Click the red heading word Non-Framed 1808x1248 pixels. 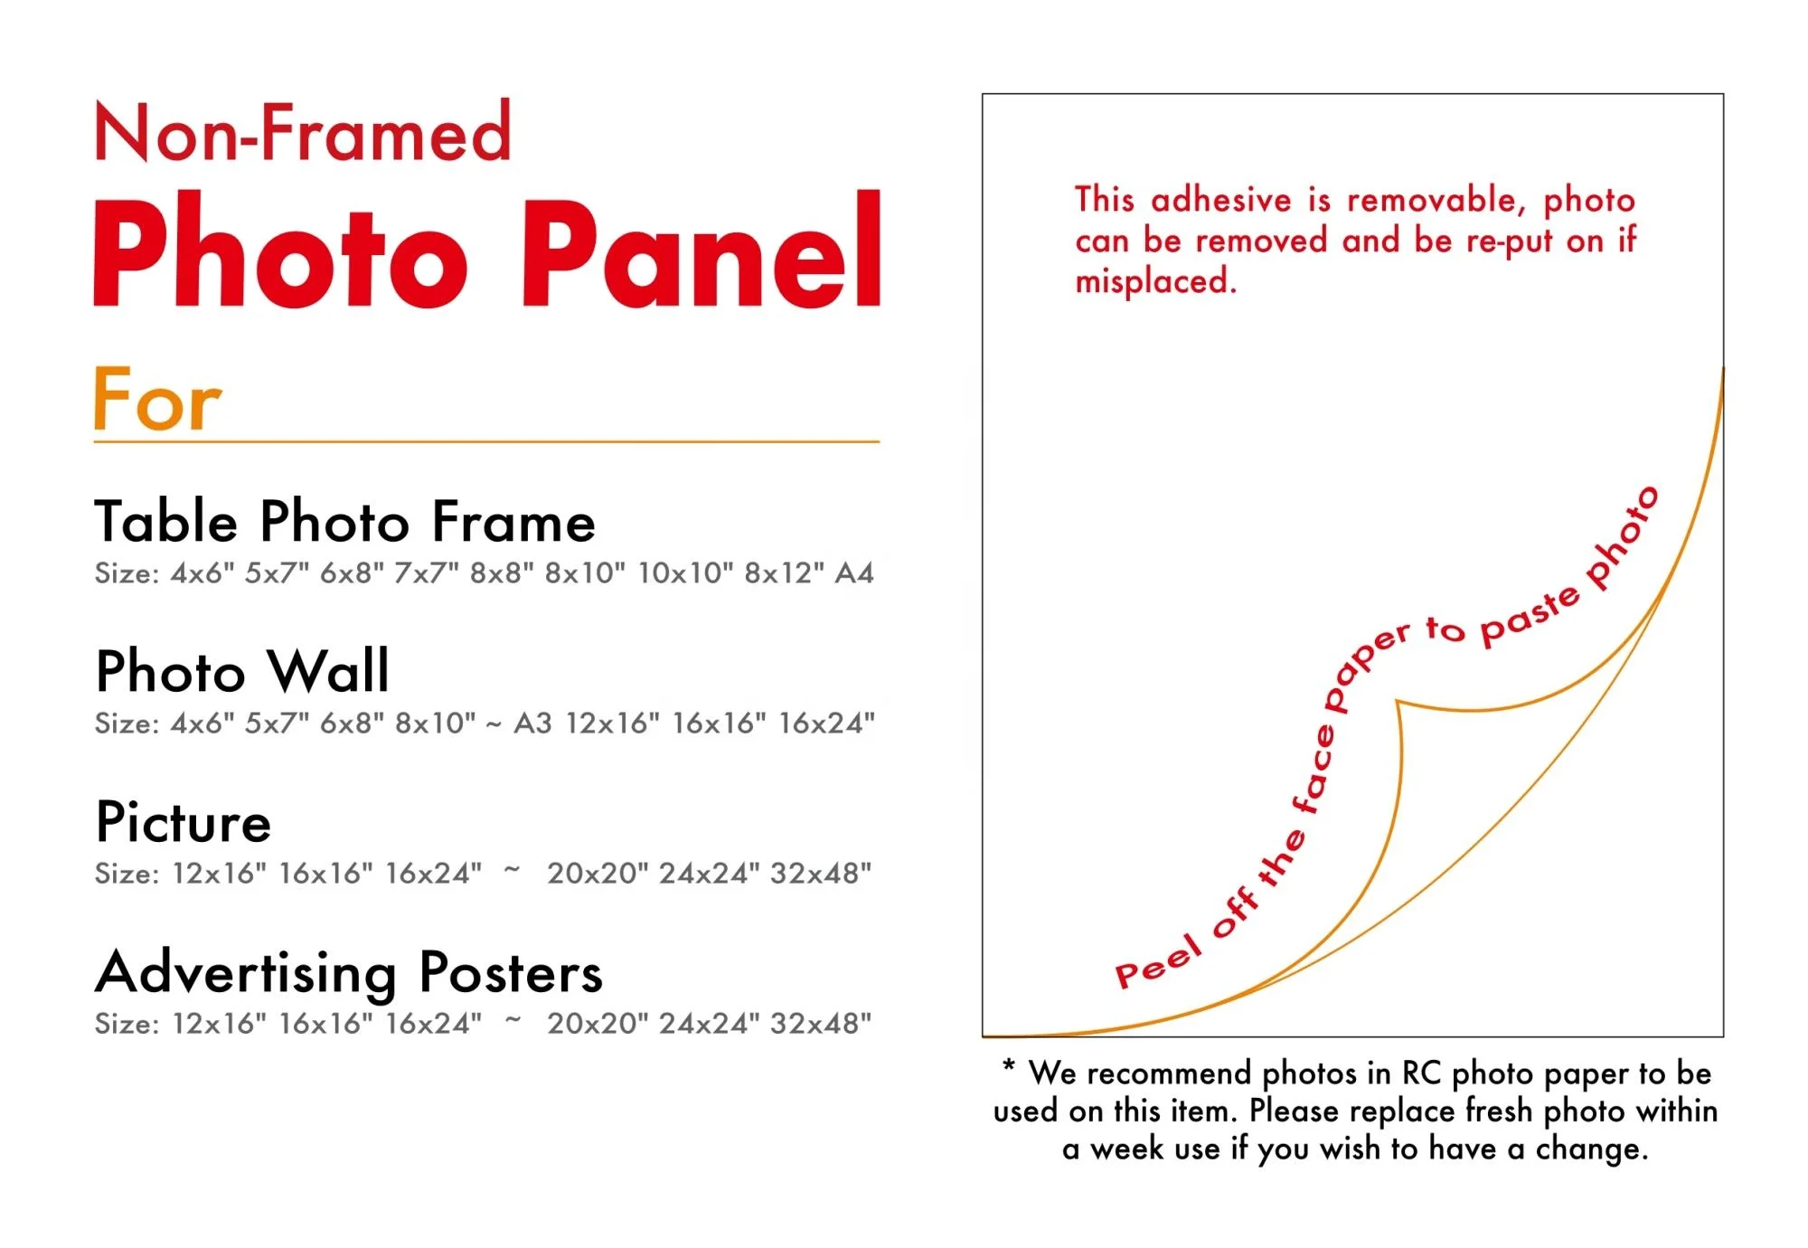[x=303, y=132]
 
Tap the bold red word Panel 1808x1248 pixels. [x=702, y=251]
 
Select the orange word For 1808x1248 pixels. [x=157, y=399]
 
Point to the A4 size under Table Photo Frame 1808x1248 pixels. [x=853, y=572]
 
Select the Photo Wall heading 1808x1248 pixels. [x=242, y=671]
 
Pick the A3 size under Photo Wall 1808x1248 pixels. [x=532, y=723]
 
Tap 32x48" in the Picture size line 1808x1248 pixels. [x=821, y=873]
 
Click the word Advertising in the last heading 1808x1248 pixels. [x=247, y=975]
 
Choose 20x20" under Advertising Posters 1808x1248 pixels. [x=598, y=1023]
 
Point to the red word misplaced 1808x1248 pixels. [x=1155, y=281]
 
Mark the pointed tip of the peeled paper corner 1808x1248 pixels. [x=1397, y=701]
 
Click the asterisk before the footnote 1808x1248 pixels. [x=1009, y=1064]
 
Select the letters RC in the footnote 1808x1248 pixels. [x=1421, y=1073]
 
